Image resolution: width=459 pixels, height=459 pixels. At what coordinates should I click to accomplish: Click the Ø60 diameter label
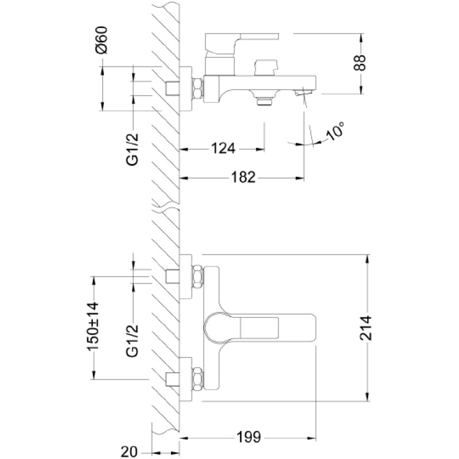tap(102, 40)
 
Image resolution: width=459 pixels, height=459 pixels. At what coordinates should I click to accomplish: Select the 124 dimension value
tap(223, 149)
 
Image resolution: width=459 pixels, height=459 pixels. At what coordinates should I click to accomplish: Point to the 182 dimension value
tap(243, 177)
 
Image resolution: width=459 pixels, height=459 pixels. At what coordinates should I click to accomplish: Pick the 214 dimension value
tap(365, 328)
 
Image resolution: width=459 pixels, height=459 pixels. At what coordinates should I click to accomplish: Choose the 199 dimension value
tap(248, 437)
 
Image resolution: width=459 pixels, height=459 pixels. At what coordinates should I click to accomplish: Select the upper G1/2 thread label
tap(132, 150)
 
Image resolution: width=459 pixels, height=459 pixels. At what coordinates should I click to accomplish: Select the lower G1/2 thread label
tap(132, 341)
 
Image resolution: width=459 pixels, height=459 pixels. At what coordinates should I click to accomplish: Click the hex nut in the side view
tap(197, 88)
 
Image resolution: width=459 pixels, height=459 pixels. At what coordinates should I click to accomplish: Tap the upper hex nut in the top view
tap(197, 277)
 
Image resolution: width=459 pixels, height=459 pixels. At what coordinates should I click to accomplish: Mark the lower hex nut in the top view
tap(197, 379)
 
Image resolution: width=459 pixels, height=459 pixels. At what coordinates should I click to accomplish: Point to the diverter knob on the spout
tap(266, 68)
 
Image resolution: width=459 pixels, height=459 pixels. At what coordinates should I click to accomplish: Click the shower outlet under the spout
tap(264, 101)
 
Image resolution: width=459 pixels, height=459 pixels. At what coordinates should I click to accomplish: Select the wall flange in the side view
tap(185, 89)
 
